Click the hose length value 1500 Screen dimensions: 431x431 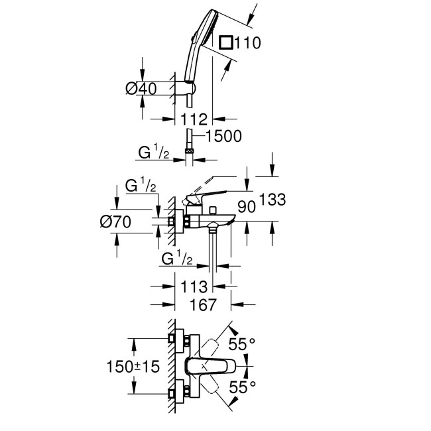click(223, 136)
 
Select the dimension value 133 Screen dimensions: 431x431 click(273, 198)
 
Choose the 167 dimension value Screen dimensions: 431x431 click(203, 305)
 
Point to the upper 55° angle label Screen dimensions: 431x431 click(242, 344)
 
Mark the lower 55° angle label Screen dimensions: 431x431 click(242, 385)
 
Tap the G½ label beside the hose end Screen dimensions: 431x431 click(154, 154)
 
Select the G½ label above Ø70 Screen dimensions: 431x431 click(141, 187)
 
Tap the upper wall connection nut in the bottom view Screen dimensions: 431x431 click(177, 339)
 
